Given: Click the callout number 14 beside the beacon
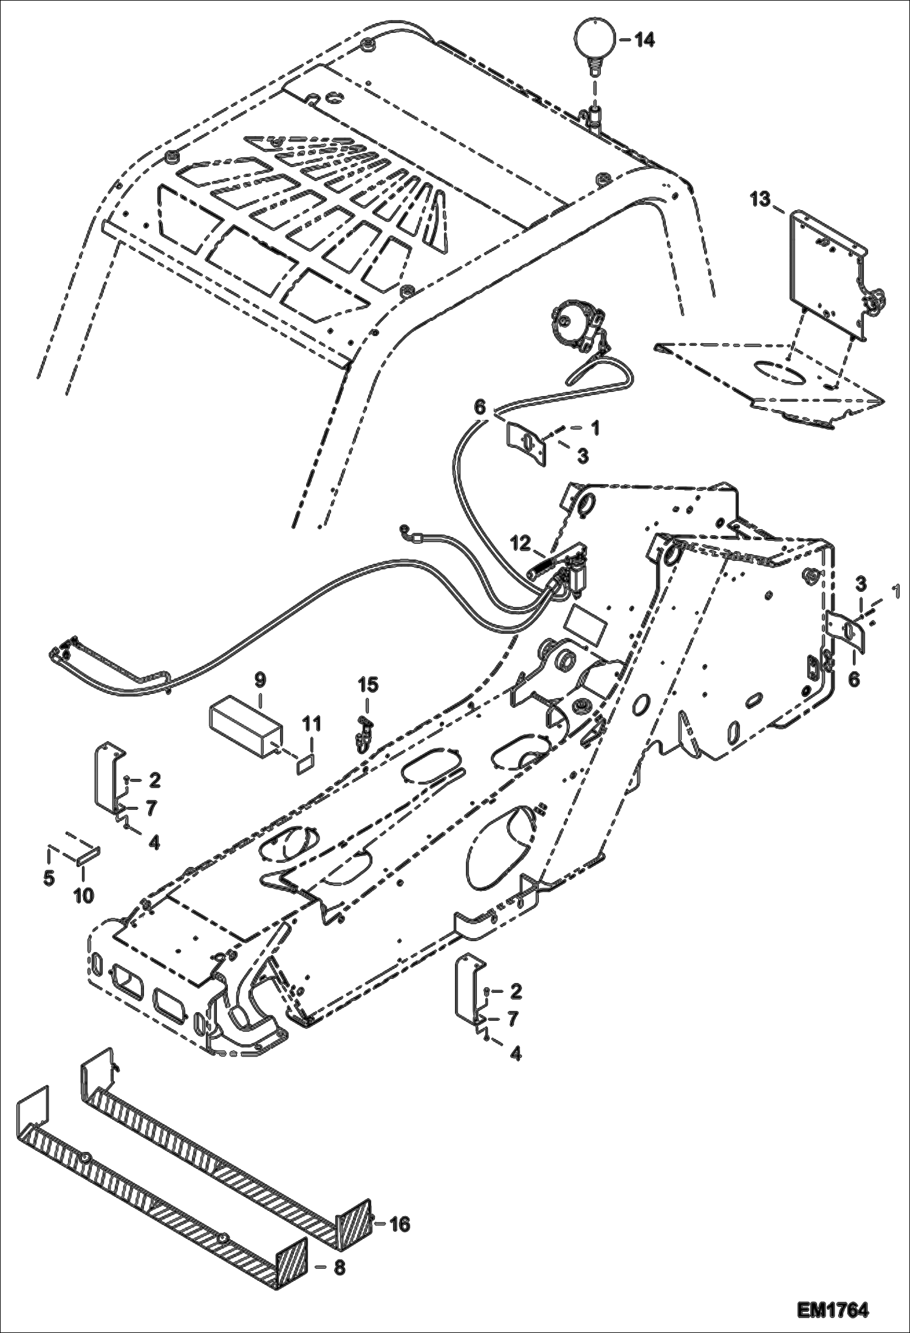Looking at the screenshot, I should coord(645,41).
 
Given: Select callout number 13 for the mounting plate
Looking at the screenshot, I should coord(759,199).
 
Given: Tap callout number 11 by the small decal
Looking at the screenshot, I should coord(312,724).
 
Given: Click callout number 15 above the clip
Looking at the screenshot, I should coord(368,685).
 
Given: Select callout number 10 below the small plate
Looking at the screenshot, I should coord(84,895).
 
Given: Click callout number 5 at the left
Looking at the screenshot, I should coord(49,878).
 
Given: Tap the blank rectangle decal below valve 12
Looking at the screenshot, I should coord(586,626).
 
